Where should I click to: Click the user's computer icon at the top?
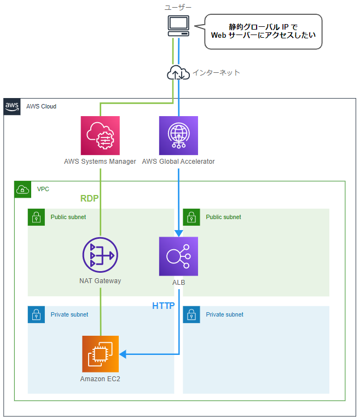(178, 25)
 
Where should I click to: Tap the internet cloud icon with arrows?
(178, 73)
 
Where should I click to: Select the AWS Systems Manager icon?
(100, 135)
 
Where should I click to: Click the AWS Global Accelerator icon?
(178, 135)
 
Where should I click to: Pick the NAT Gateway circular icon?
(100, 256)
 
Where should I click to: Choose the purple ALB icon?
(178, 256)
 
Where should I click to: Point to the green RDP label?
(91, 198)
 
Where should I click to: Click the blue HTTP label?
(163, 306)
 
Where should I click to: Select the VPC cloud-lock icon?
(23, 190)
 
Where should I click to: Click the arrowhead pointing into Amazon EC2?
(123, 354)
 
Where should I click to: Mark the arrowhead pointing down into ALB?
(178, 233)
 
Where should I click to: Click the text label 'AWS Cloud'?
(41, 106)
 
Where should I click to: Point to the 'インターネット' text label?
(216, 73)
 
